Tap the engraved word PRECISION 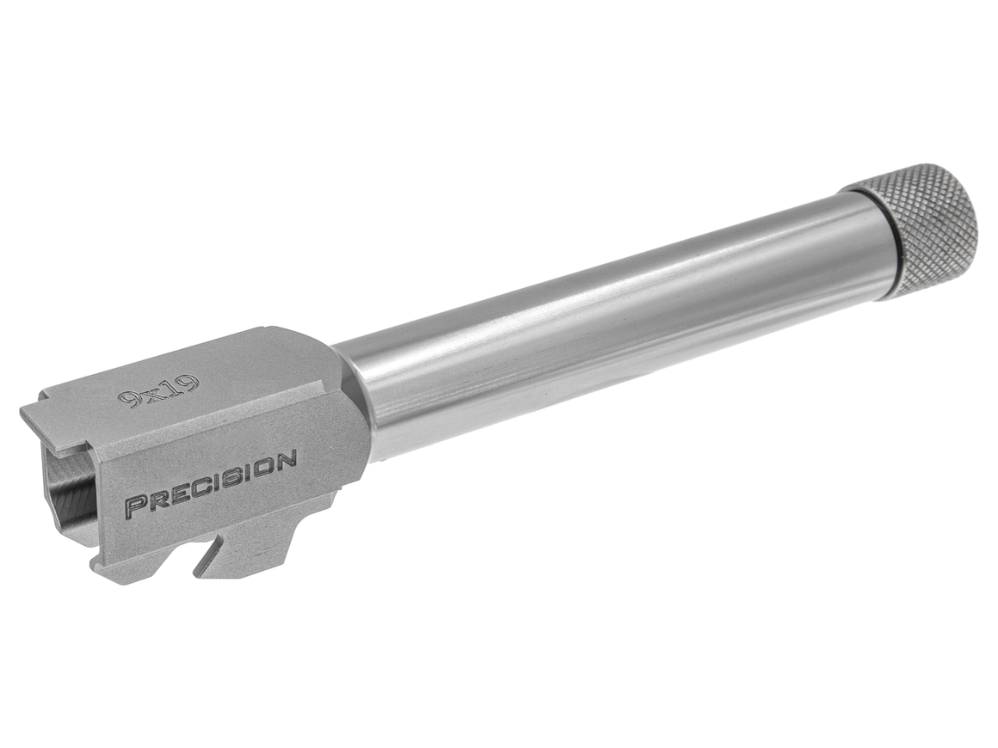tap(211, 483)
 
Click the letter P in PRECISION tap(134, 506)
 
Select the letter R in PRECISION tap(153, 500)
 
